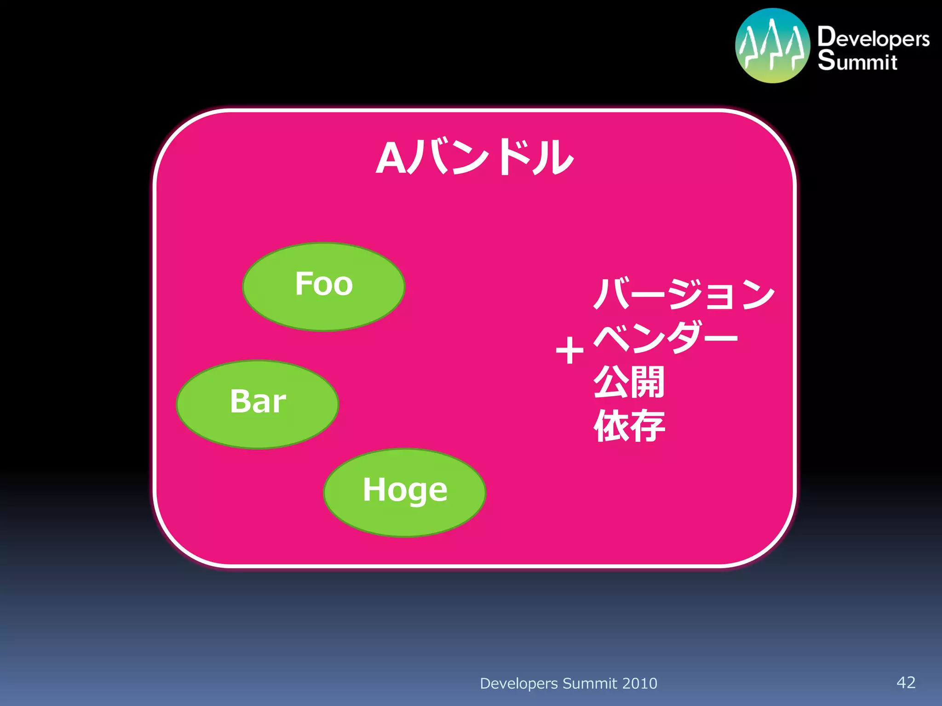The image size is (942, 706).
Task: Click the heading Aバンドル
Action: pos(475,158)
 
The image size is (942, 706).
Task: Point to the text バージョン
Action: pos(684,294)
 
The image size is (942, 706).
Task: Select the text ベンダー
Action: pos(665,338)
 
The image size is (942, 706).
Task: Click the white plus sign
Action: pos(569,351)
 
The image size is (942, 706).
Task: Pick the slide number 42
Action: pos(906,682)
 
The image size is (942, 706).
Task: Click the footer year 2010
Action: pos(639,683)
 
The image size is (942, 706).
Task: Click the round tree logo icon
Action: pos(772,46)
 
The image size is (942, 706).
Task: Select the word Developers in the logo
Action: pos(873,38)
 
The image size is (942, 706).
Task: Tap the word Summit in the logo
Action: pos(857,61)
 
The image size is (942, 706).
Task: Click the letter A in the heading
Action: pos(391,159)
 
